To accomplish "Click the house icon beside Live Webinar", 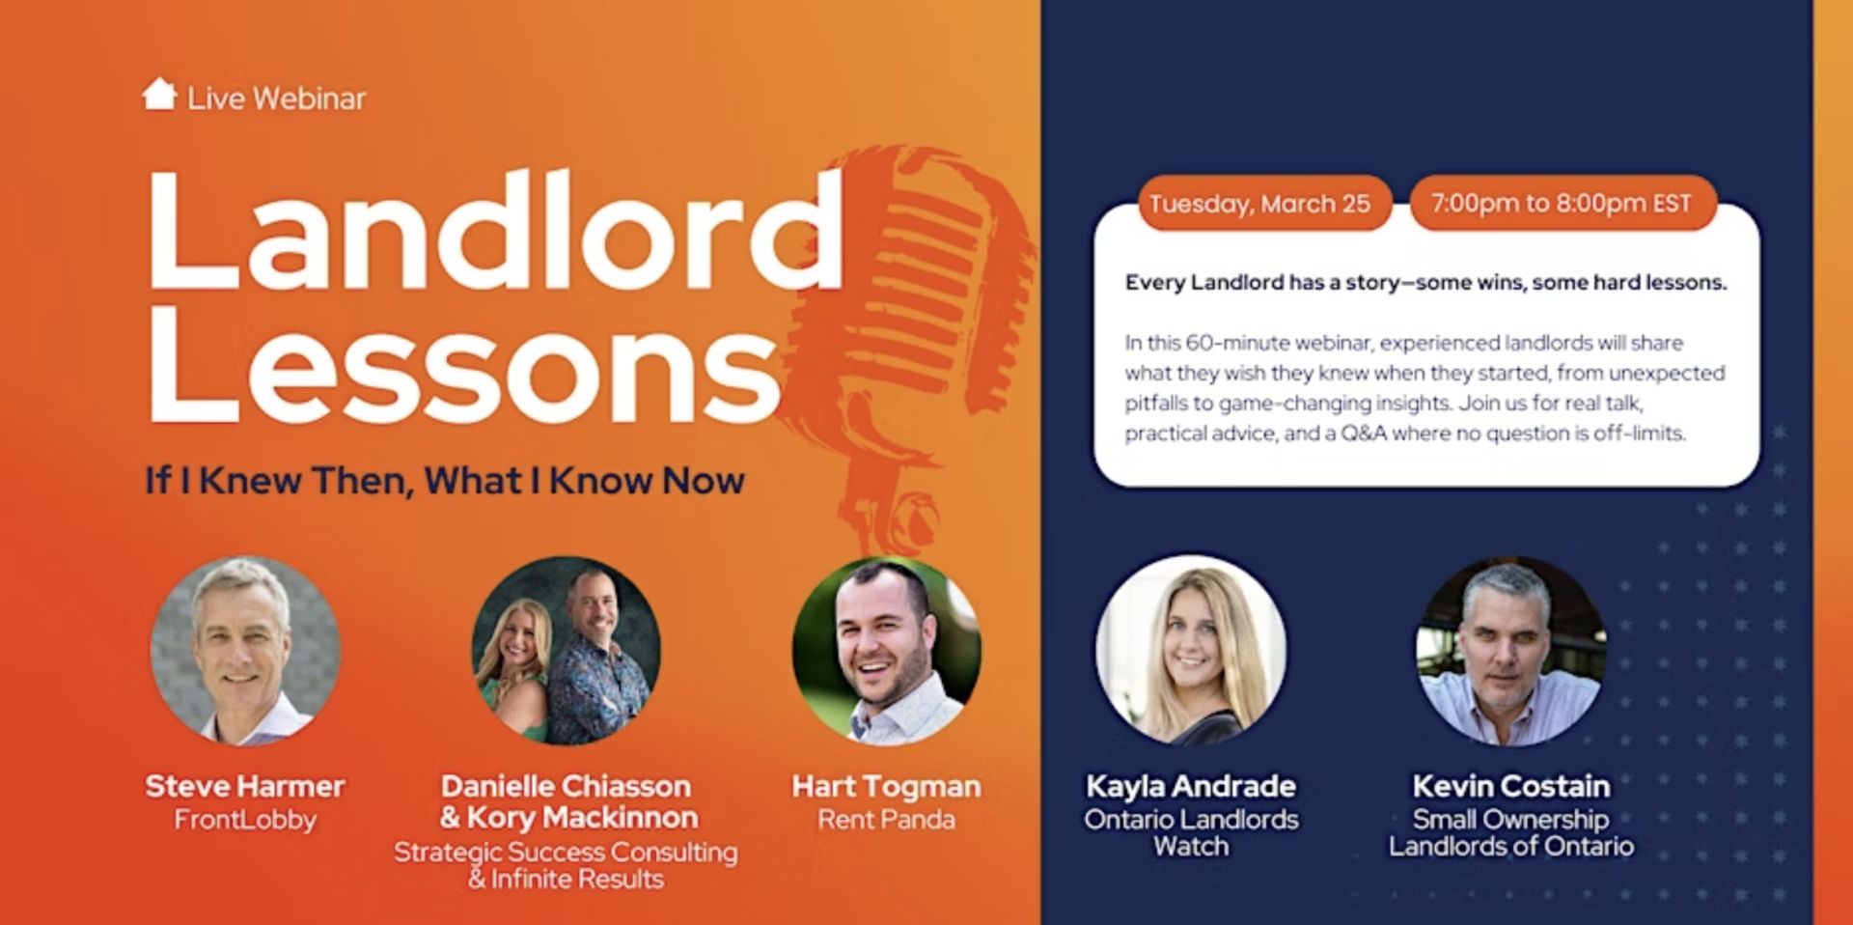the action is tap(159, 95).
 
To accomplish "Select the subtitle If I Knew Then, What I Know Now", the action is tap(445, 480).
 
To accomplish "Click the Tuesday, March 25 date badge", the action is tap(1259, 204).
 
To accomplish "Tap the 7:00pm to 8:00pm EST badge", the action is tap(1562, 204).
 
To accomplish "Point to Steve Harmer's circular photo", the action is tap(245, 650).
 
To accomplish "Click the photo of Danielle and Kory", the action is tap(566, 650).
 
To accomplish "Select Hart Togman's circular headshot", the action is tap(886, 650).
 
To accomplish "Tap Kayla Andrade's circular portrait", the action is tap(1191, 650).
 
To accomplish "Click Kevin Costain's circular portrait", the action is tap(1511, 650).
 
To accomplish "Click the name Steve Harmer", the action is tap(245, 786).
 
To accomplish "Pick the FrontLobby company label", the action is tap(245, 820).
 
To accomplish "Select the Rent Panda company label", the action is tap(886, 820).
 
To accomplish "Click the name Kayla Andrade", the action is tap(1191, 786).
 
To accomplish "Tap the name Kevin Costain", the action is tap(1511, 786).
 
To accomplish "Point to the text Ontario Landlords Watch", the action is tap(1191, 832).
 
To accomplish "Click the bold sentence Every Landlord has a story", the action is tap(1425, 283).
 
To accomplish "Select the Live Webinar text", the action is tap(276, 98).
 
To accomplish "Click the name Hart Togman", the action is tap(886, 787).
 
